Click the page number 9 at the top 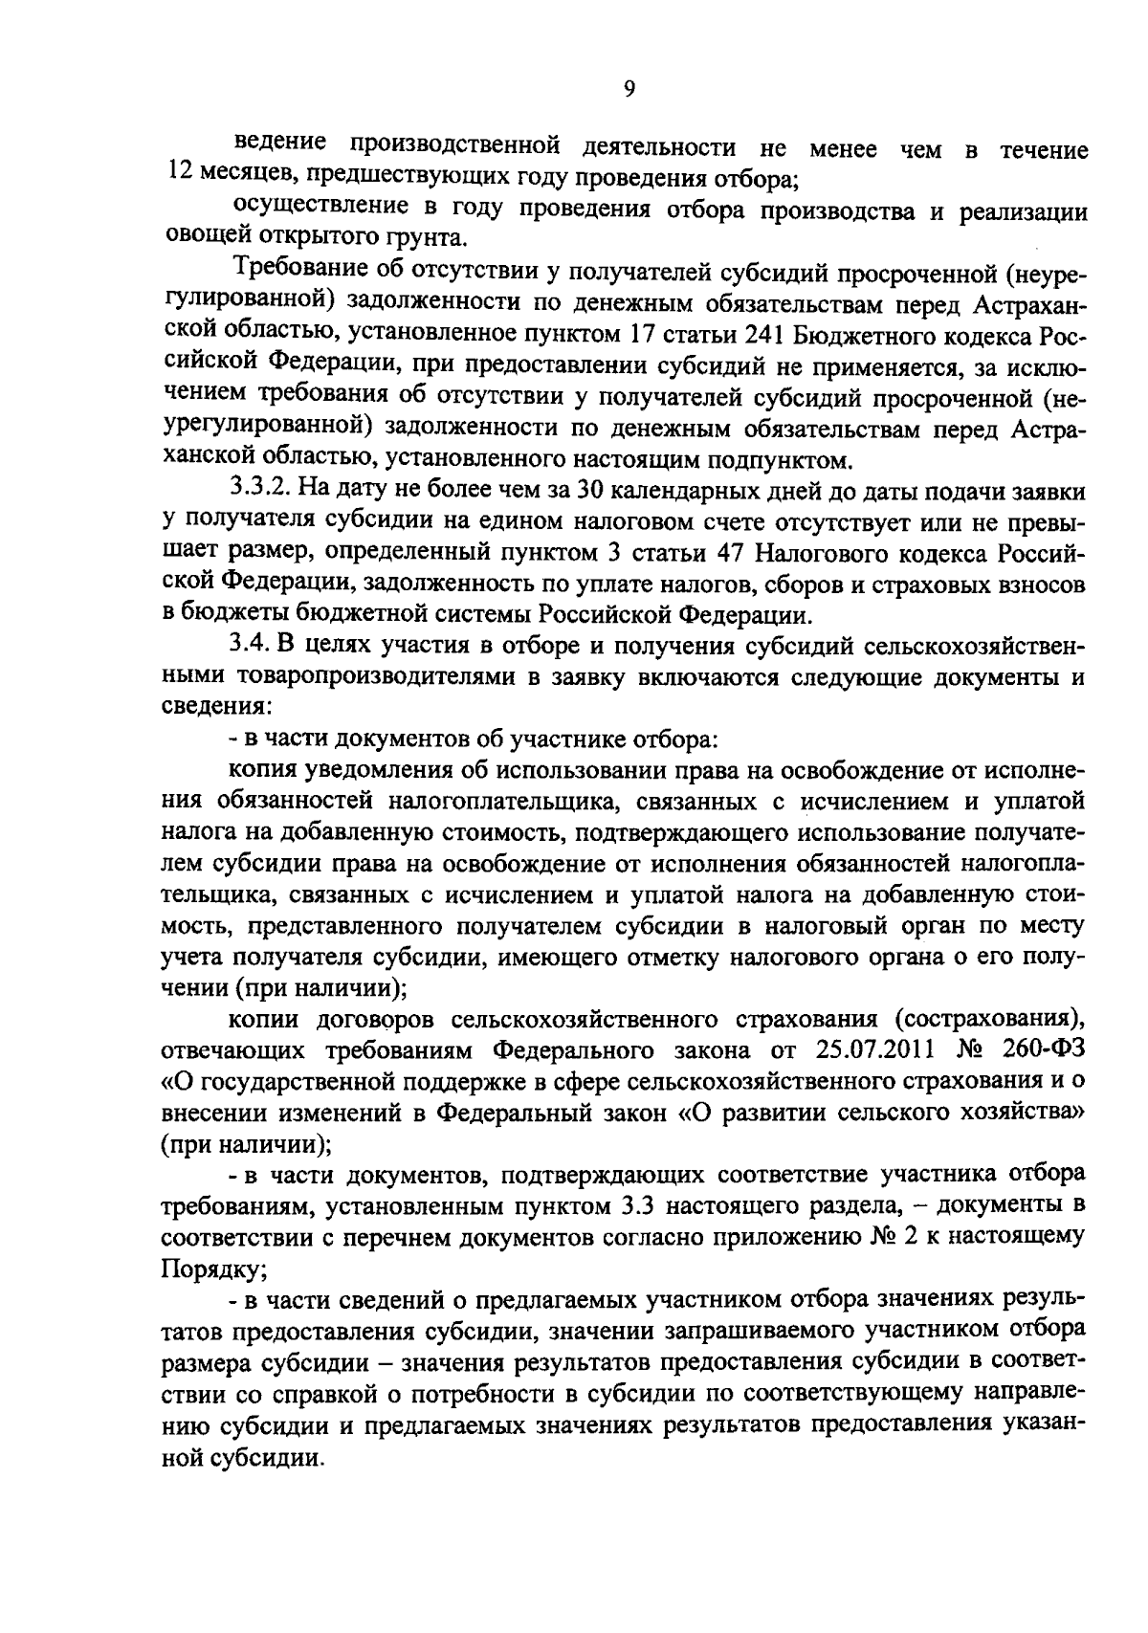click(628, 89)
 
